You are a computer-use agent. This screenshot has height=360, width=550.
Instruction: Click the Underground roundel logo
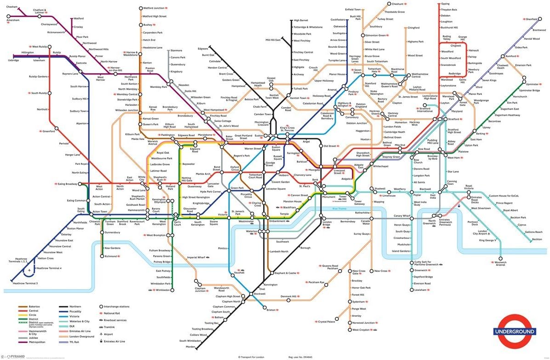pos(514,331)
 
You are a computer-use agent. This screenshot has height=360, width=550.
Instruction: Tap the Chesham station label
pos(12,7)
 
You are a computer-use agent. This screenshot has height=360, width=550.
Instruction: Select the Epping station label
pos(445,4)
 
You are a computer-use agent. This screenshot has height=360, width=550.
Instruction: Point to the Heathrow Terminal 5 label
pos(25,283)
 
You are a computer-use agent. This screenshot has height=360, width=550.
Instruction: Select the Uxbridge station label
pos(13,60)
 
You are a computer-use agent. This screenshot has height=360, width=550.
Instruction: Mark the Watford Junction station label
pos(154,8)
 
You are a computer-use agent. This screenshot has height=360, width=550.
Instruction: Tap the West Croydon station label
pos(361,330)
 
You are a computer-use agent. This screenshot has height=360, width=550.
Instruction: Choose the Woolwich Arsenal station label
pos(501,264)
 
